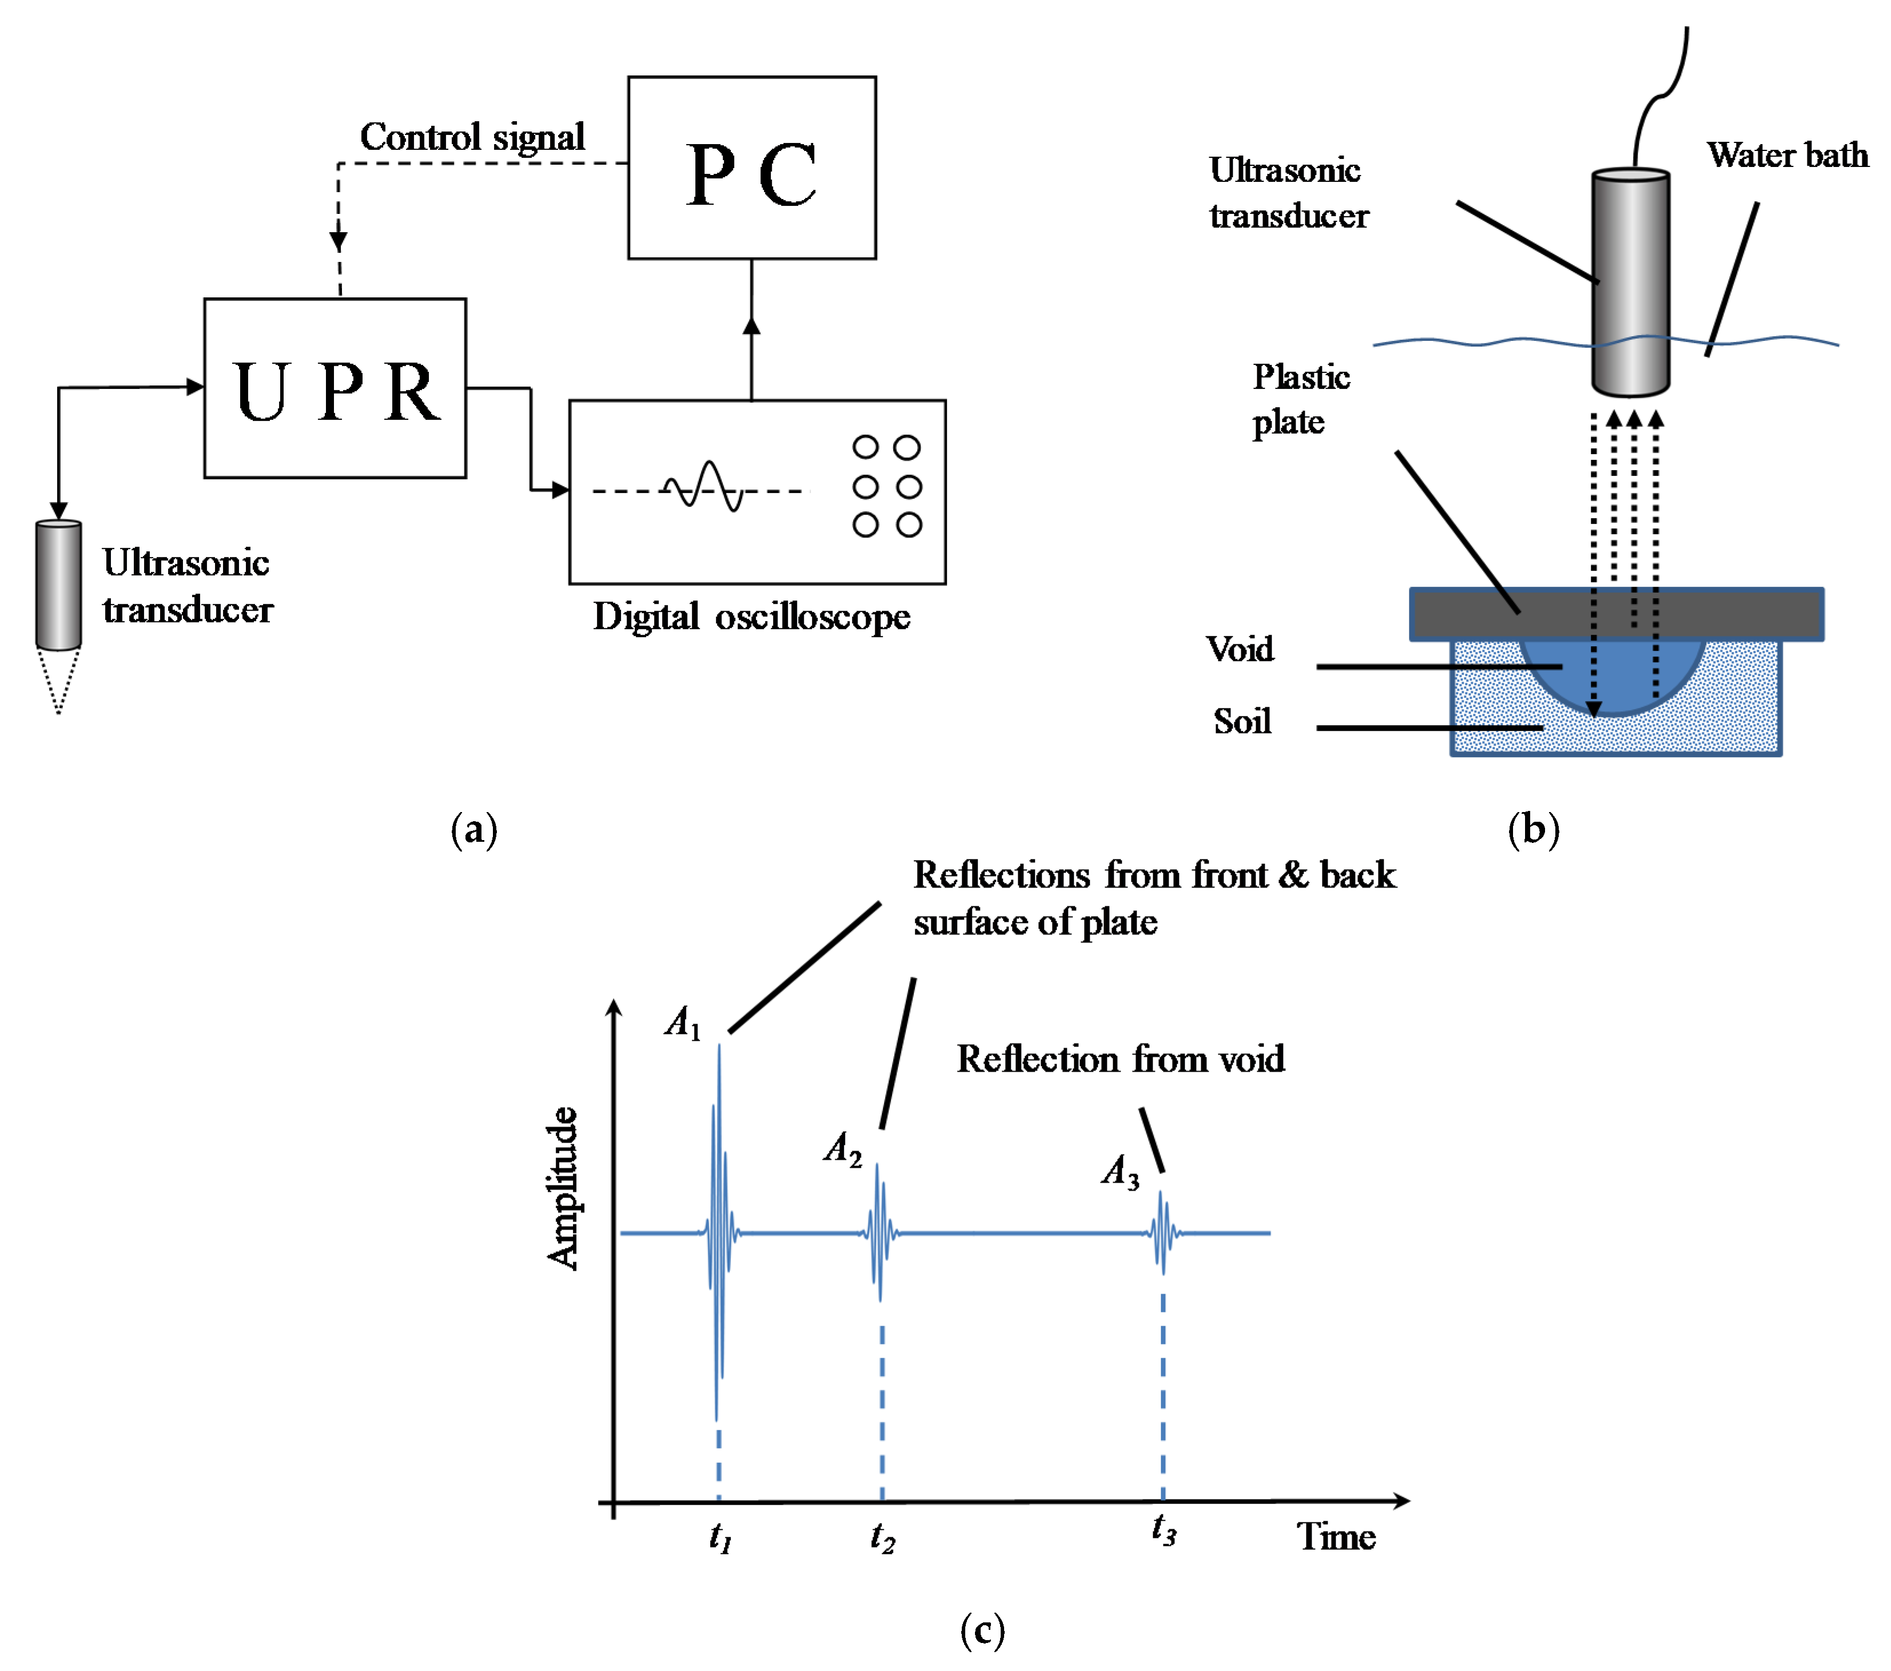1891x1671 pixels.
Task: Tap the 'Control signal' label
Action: (472, 137)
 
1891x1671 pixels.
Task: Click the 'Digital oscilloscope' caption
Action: (751, 617)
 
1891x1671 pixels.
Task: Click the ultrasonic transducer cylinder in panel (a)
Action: (58, 585)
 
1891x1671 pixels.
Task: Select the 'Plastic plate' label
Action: (1301, 399)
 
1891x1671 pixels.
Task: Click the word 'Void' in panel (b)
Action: (1240, 648)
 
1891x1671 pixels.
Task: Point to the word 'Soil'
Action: (1241, 721)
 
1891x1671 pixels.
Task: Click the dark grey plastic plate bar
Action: (1616, 614)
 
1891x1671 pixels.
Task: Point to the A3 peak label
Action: (1120, 1171)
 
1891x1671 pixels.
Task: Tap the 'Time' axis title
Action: (1336, 1536)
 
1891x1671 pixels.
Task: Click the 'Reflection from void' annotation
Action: (1120, 1059)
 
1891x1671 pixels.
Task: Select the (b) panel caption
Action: (1533, 829)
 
